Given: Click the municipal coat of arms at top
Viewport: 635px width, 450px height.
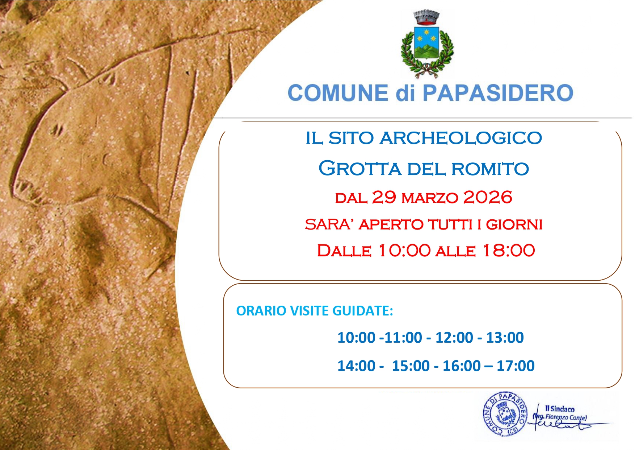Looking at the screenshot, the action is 427,44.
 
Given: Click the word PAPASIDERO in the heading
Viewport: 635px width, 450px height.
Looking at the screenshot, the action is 498,93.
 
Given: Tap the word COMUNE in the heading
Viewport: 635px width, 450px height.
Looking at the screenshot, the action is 338,93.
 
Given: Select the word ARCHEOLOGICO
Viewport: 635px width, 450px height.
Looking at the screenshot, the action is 461,138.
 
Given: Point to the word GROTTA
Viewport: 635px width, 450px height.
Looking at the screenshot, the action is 360,169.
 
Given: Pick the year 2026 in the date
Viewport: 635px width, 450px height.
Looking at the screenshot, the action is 488,197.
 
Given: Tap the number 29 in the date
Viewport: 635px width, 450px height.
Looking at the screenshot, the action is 384,197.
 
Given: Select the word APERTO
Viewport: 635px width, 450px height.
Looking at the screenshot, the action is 391,225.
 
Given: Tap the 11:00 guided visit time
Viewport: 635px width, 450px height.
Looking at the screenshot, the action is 403,338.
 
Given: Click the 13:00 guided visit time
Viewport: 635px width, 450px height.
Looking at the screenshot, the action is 505,338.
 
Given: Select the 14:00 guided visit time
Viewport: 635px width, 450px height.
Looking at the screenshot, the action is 356,366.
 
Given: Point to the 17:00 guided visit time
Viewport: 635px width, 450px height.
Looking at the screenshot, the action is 516,366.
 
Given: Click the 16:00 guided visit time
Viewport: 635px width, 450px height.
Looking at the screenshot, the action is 462,366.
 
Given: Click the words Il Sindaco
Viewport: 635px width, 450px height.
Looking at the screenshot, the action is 560,409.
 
